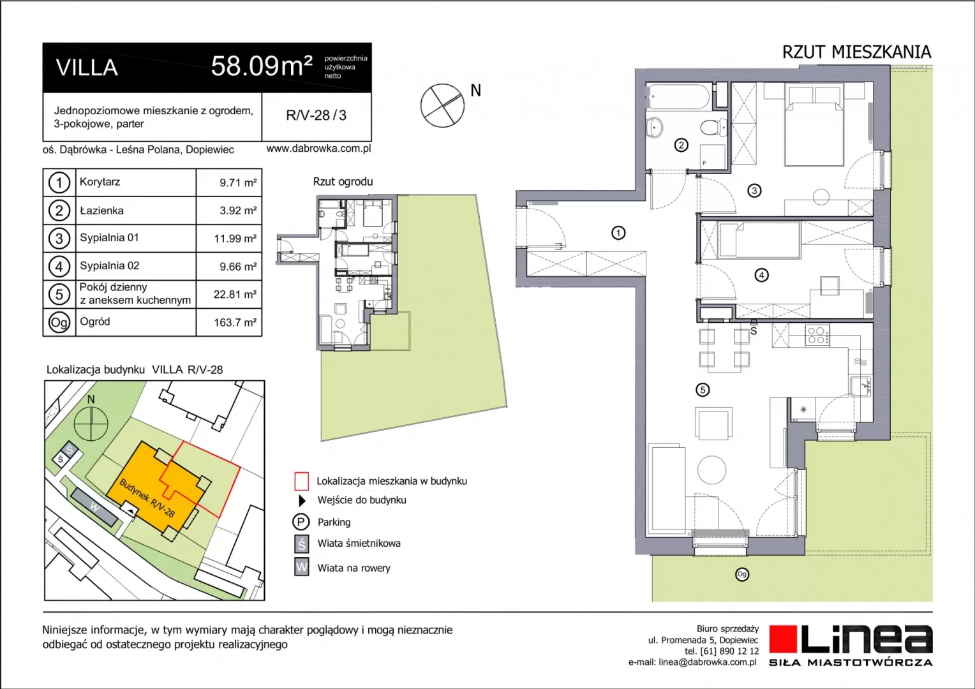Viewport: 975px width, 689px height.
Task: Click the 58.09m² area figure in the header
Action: pos(262,66)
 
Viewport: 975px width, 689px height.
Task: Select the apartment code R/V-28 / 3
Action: pos(316,115)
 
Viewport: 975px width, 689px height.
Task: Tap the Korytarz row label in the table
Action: pos(100,181)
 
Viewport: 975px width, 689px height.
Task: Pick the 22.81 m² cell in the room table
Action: pos(235,294)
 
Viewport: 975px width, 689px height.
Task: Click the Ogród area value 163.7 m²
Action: pos(235,323)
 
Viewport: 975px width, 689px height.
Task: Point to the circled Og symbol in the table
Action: pos(59,323)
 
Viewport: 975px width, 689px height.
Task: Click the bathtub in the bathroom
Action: pos(679,96)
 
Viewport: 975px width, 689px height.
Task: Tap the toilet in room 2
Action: pos(713,128)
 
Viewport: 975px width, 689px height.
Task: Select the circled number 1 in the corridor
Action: pos(618,233)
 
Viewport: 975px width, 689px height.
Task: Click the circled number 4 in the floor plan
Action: pos(761,275)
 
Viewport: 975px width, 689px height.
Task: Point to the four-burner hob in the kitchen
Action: pos(817,335)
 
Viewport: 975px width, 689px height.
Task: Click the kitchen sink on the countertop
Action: pos(861,386)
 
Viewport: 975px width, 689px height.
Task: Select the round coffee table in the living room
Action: pos(711,470)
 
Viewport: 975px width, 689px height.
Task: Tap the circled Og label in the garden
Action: pos(741,575)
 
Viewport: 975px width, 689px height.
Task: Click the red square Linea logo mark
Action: pos(783,639)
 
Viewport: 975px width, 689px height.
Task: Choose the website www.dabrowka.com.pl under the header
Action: pos(318,149)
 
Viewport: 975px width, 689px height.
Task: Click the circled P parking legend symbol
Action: pos(301,522)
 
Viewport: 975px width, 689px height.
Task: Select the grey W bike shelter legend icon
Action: pos(302,567)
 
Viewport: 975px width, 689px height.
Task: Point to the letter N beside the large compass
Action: pos(476,91)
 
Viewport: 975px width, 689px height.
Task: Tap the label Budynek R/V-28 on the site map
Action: pos(147,498)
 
